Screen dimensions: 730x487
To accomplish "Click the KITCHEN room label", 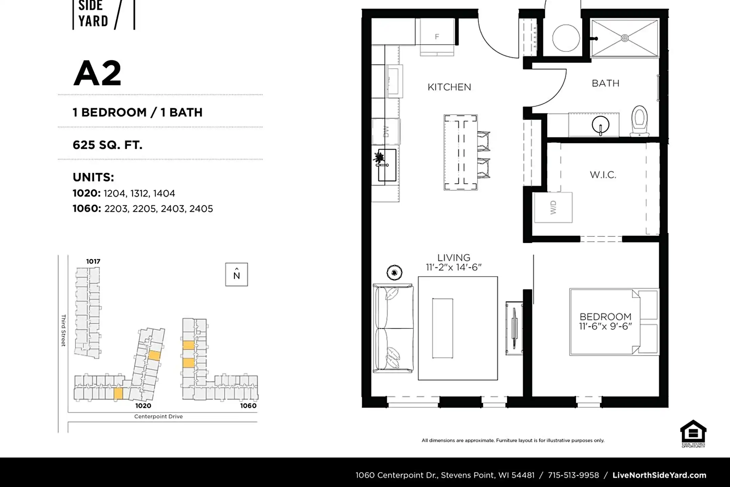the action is pyautogui.click(x=449, y=87).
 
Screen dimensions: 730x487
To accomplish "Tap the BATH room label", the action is pyautogui.click(x=606, y=83).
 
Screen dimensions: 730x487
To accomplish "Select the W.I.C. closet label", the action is pyautogui.click(x=603, y=175).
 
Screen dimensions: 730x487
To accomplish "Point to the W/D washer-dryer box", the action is pyautogui.click(x=553, y=207).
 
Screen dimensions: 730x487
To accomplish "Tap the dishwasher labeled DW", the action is pyautogui.click(x=386, y=132).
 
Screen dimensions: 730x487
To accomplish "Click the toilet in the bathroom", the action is pyautogui.click(x=639, y=121).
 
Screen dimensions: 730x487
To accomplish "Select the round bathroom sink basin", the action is pyautogui.click(x=601, y=125).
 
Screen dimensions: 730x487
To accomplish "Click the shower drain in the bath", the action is pyautogui.click(x=625, y=38).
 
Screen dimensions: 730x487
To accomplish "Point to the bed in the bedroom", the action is pyautogui.click(x=614, y=322).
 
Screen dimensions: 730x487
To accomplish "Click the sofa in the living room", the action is pyautogui.click(x=393, y=328).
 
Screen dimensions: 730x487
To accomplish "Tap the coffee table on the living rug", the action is pyautogui.click(x=443, y=328).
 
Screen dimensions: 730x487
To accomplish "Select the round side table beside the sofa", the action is pyautogui.click(x=394, y=273).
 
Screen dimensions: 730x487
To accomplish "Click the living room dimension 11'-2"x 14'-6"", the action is pyautogui.click(x=454, y=267).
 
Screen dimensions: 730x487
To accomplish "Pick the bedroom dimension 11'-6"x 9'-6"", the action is pyautogui.click(x=605, y=326).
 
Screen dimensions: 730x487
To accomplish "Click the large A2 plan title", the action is pyautogui.click(x=97, y=73).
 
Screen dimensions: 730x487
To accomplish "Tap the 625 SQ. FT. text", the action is pyautogui.click(x=107, y=145).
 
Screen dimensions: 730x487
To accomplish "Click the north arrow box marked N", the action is pyautogui.click(x=237, y=274).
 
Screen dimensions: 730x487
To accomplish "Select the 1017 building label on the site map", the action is pyautogui.click(x=93, y=261).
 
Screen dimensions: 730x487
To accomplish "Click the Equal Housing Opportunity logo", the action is pyautogui.click(x=693, y=434).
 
